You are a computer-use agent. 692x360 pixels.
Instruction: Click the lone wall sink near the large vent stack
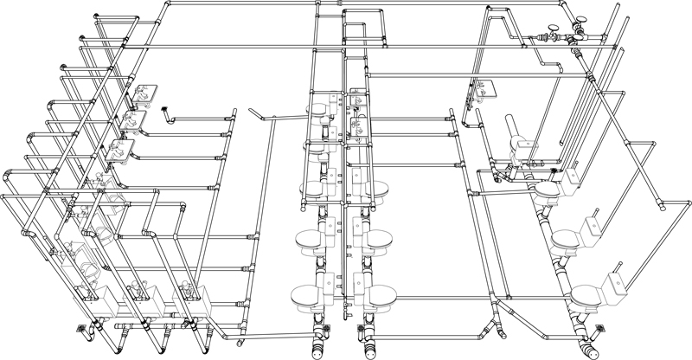tap(480, 87)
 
